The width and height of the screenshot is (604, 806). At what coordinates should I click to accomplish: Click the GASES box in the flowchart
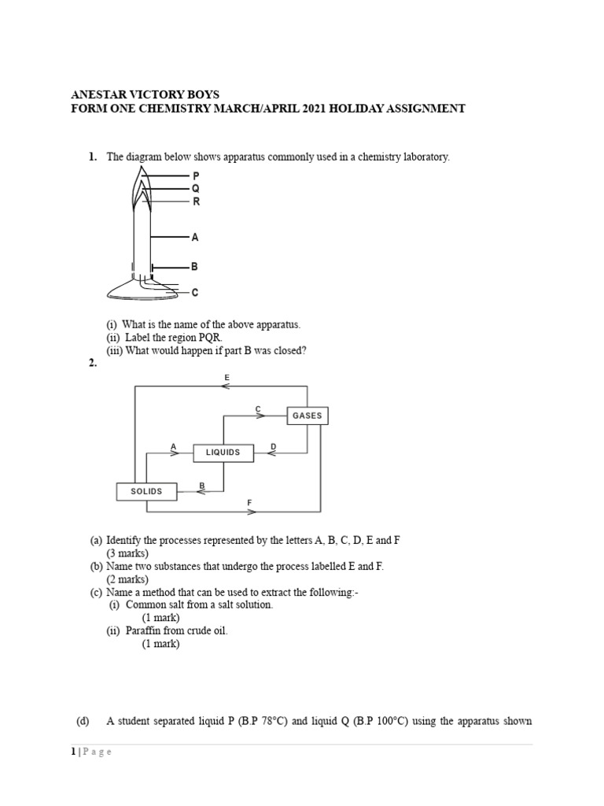[x=307, y=415]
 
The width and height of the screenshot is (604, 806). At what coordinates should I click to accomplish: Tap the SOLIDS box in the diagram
[x=146, y=491]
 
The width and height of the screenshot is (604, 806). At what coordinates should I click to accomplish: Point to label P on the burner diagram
[x=196, y=176]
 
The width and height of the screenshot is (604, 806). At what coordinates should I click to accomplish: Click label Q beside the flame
[x=196, y=188]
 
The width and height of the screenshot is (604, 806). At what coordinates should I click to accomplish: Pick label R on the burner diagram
[x=196, y=201]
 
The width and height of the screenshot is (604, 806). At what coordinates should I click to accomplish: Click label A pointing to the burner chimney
[x=195, y=236]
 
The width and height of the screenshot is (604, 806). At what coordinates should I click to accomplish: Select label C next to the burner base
[x=195, y=293]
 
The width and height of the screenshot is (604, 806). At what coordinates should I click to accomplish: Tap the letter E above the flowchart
[x=227, y=378]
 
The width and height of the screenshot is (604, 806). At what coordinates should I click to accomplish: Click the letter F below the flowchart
[x=249, y=502]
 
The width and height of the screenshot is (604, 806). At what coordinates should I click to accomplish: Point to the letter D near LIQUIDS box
[x=273, y=446]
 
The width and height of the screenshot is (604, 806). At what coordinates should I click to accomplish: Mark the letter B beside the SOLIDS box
[x=202, y=486]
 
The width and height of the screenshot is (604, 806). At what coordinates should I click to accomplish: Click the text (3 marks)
[x=127, y=553]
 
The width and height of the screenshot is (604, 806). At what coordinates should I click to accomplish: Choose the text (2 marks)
[x=127, y=579]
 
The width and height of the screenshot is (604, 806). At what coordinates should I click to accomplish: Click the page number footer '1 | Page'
[x=92, y=752]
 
